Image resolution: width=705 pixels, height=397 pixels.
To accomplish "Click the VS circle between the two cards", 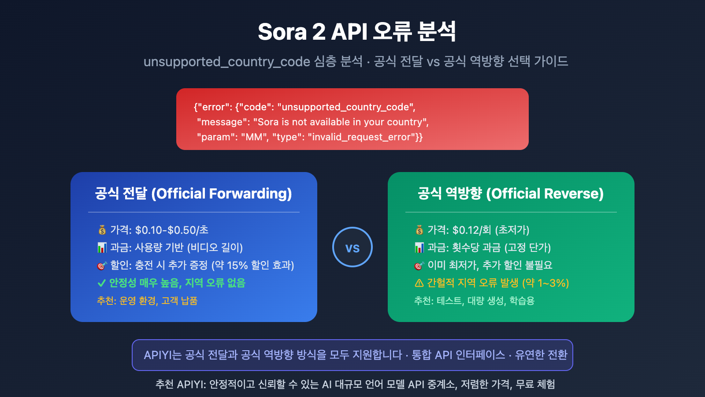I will tap(352, 247).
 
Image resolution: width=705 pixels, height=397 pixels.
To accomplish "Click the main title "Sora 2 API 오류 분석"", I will tap(357, 32).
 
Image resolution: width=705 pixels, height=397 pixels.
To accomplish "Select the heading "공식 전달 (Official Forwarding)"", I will tap(193, 194).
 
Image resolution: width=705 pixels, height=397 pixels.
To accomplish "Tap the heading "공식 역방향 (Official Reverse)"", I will tap(511, 194).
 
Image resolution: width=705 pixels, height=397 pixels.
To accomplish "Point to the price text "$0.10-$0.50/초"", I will tap(172, 230).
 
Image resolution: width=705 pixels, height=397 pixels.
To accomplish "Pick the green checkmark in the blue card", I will tap(101, 283).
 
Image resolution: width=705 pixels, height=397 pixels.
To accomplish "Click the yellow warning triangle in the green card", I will tap(419, 283).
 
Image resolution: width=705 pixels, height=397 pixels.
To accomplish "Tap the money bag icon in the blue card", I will tap(102, 230).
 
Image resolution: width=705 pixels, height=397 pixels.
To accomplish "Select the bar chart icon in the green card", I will tap(419, 248).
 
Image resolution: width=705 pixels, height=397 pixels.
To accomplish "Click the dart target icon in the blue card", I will tap(102, 266).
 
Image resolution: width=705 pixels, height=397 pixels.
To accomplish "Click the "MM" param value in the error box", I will tap(254, 137).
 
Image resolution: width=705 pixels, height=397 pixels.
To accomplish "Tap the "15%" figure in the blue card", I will tap(237, 266).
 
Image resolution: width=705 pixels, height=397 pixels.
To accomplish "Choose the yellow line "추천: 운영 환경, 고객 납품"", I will tap(147, 301).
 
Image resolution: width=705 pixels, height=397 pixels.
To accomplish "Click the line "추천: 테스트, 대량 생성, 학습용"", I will tap(474, 301).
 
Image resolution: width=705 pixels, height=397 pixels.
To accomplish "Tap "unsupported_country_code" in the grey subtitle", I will tap(227, 61).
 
